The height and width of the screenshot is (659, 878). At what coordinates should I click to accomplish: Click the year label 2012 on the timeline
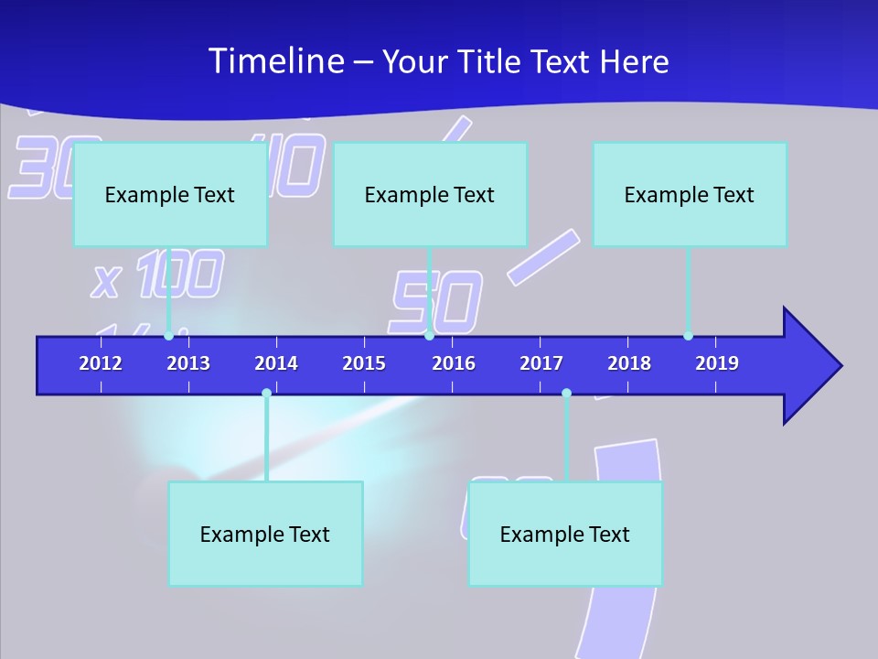[x=101, y=363]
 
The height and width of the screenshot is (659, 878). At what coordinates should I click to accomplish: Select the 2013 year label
[x=188, y=363]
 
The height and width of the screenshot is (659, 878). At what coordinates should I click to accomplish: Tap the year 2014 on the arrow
[x=276, y=363]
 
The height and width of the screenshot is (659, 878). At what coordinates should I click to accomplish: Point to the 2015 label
[x=364, y=363]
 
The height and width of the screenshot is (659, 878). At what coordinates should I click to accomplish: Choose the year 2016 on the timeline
[x=454, y=363]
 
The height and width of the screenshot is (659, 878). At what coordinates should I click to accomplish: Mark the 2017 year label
[x=541, y=363]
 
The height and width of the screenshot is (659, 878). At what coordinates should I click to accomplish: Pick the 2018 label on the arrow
[x=629, y=363]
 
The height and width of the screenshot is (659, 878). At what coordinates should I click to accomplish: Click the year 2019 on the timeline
[x=717, y=363]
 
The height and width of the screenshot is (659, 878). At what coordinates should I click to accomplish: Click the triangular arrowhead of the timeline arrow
[x=809, y=366]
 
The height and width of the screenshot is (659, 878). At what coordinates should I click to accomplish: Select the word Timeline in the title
[x=276, y=61]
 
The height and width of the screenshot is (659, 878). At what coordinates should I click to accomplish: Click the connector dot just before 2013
[x=168, y=336]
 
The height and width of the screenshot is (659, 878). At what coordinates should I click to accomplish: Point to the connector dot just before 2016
[x=430, y=336]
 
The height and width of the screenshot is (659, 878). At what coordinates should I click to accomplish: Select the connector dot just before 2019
[x=688, y=336]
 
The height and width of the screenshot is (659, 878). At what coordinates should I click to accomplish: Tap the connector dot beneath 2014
[x=266, y=393]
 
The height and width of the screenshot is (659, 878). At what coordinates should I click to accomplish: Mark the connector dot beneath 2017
[x=566, y=393]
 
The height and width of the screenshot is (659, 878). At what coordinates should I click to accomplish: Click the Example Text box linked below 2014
[x=265, y=534]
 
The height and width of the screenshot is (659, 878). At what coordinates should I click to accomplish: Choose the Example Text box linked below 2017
[x=565, y=534]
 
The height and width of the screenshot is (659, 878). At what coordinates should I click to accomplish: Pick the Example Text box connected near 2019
[x=690, y=194]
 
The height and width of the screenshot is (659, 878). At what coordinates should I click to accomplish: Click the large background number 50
[x=436, y=302]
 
